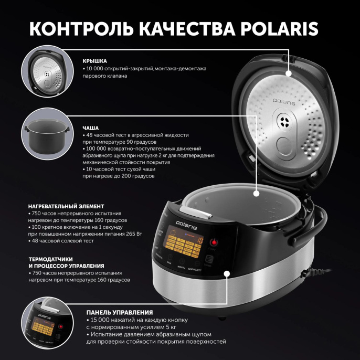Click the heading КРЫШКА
pos(94,60)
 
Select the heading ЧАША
pos(90,128)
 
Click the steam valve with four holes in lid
pos(285,123)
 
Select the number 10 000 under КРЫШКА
pos(96,69)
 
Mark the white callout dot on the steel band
pos(227,273)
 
